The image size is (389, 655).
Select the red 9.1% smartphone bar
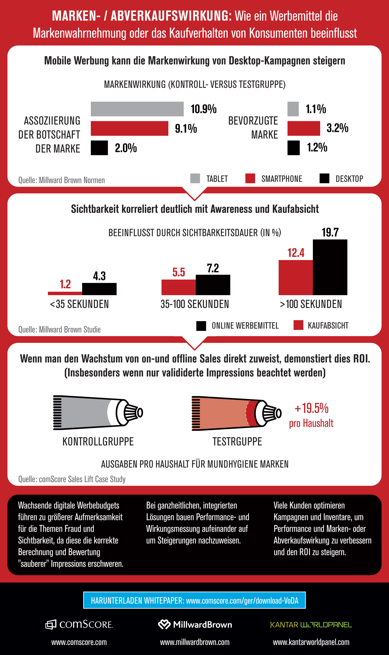click(x=129, y=128)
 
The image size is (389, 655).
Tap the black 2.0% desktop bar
click(x=99, y=148)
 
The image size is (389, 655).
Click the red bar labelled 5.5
click(x=178, y=287)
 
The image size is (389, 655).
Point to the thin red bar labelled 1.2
click(x=65, y=293)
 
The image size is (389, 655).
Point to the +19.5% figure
click(x=311, y=408)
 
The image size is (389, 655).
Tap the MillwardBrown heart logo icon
click(x=164, y=624)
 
